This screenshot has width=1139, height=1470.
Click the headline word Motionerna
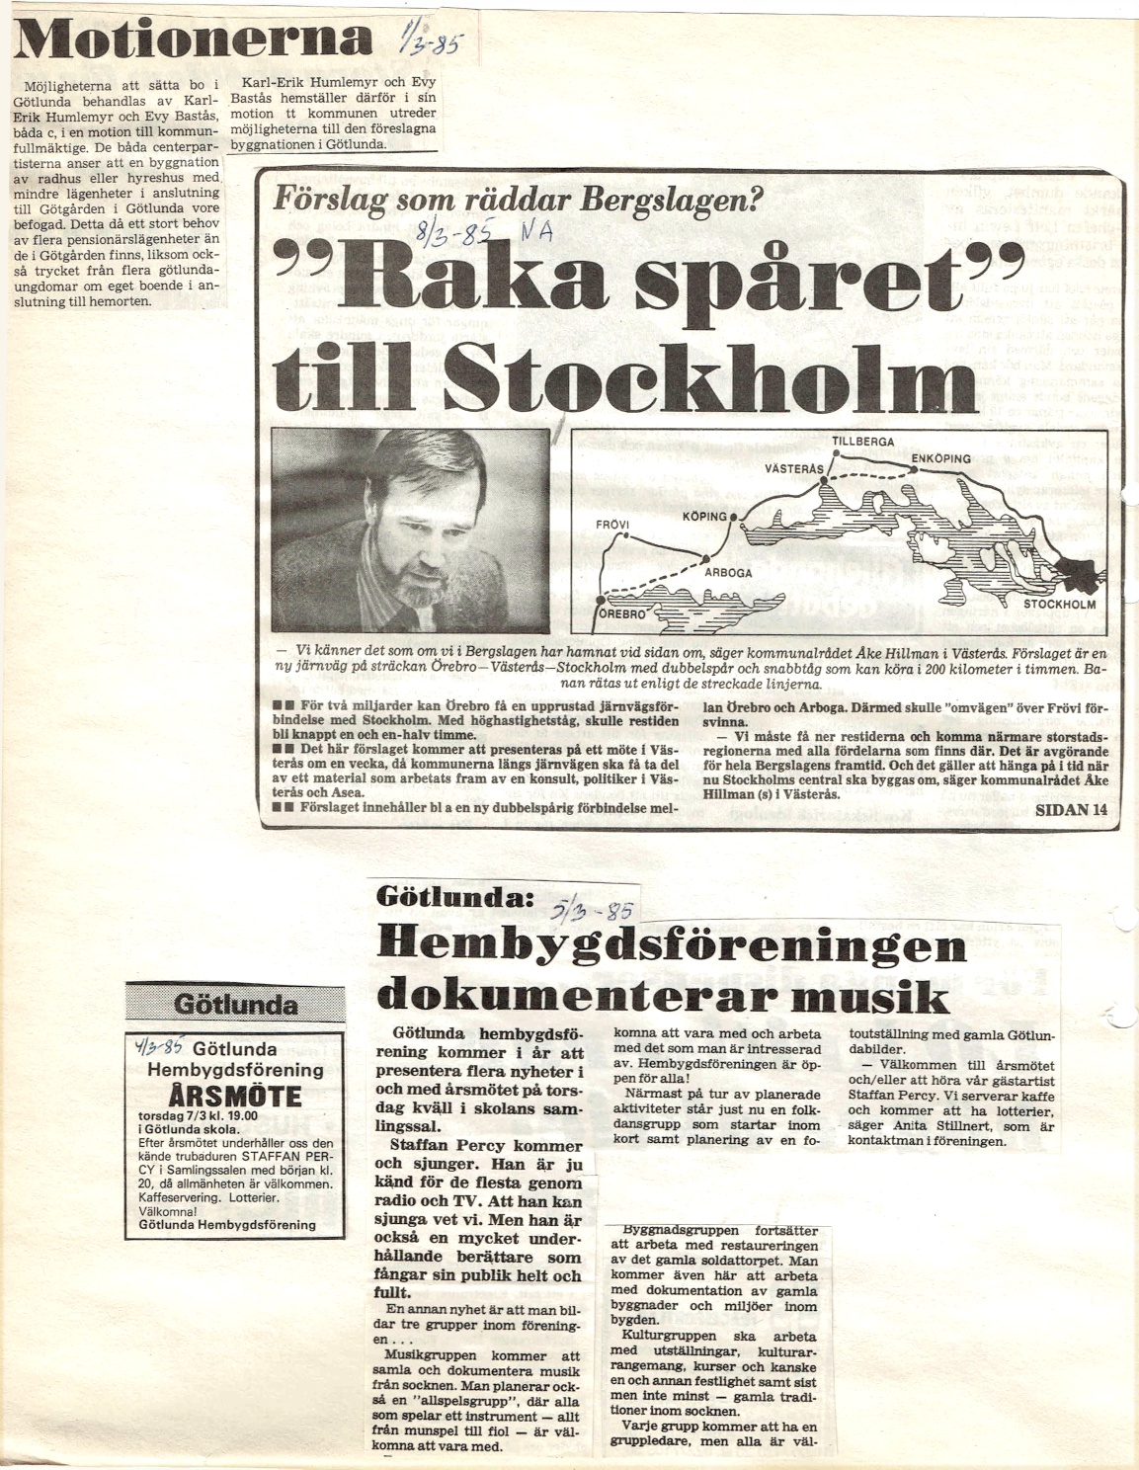pos(188,40)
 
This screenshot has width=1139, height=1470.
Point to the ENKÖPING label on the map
pos(940,458)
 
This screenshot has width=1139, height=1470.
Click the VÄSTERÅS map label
pos(793,469)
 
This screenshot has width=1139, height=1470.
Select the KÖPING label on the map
pos(704,517)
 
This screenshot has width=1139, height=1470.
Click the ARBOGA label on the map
pos(728,572)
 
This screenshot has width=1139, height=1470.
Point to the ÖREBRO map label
pos(626,612)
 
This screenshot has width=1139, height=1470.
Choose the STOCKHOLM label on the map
pos(1059,604)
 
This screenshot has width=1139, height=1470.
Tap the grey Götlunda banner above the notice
pos(235,1005)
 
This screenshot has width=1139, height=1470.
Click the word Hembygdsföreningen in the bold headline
pos(672,946)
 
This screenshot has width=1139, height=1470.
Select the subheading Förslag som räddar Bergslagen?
pos(520,202)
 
